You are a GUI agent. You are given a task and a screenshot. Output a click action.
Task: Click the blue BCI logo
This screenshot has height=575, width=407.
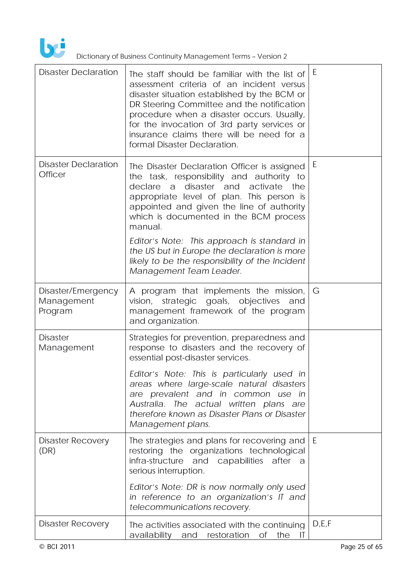coord(53,48)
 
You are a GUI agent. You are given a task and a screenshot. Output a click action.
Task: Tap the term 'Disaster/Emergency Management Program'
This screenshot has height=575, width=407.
coord(78,301)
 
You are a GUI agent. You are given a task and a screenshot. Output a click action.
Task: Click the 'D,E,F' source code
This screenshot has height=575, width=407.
coord(322,524)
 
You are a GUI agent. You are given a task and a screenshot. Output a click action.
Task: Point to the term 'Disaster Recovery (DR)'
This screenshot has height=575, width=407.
coord(74,446)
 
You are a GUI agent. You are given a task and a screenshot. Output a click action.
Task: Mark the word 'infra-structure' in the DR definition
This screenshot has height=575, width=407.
coord(156,461)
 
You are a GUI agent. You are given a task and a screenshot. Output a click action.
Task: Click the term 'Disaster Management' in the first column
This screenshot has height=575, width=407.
coord(66,342)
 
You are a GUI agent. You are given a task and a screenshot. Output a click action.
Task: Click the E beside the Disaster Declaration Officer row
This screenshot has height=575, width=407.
coord(315,165)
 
